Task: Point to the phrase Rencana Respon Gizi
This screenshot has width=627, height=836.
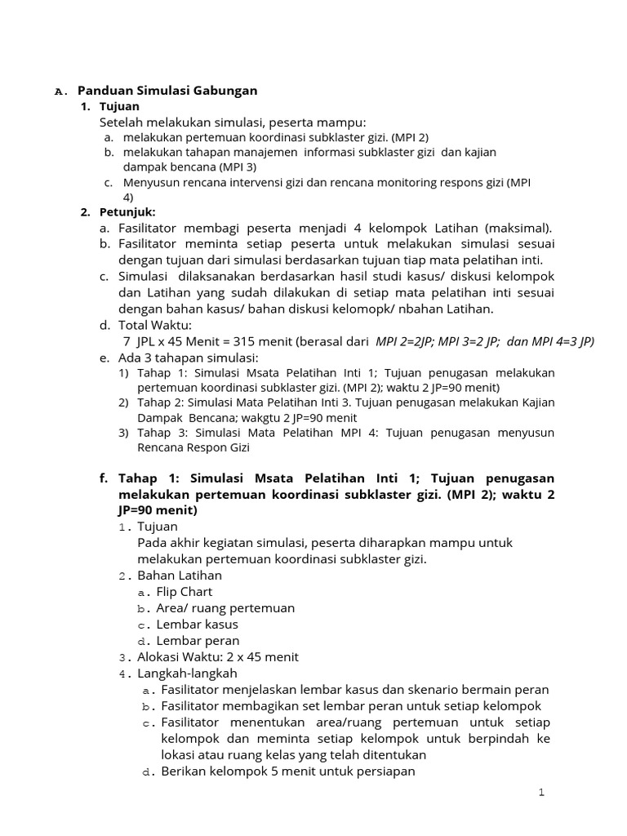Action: [193, 447]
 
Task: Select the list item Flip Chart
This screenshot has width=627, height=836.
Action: [185, 592]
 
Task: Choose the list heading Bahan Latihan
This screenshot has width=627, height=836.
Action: [180, 576]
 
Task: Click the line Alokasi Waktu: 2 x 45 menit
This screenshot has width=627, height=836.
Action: [218, 657]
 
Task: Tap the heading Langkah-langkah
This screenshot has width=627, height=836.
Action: [187, 674]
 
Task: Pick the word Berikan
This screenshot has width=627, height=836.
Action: [184, 772]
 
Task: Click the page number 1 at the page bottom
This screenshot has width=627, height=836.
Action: [540, 793]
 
